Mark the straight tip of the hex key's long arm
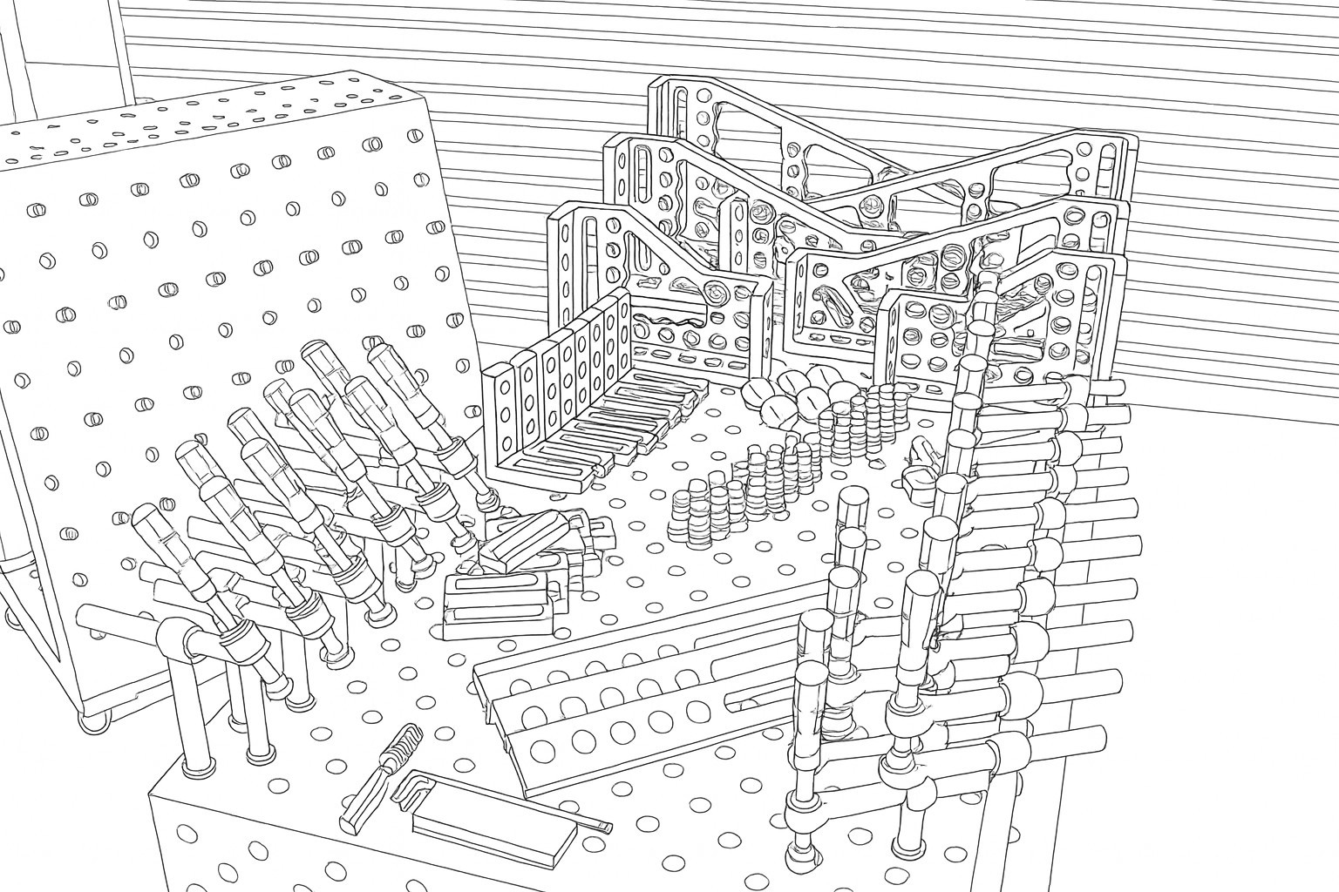pos(602,823)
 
